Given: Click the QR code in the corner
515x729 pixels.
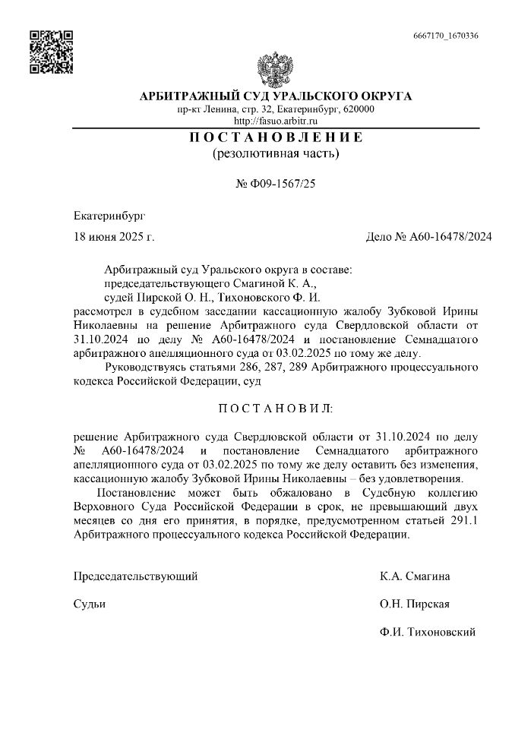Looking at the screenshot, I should click(x=51, y=52).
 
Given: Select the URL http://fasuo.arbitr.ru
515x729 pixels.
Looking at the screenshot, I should click(x=275, y=121).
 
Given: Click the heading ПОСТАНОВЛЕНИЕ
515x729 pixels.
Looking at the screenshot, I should click(x=275, y=137).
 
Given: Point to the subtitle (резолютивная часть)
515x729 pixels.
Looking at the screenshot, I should click(x=275, y=154).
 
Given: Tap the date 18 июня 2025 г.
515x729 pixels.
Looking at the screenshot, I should click(x=114, y=236).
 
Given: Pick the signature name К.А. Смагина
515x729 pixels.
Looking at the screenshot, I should click(x=415, y=576).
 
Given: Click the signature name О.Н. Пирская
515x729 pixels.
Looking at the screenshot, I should click(x=415, y=604).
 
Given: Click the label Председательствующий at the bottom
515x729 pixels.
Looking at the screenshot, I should click(x=135, y=576).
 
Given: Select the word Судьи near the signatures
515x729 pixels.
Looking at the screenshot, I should click(x=89, y=604).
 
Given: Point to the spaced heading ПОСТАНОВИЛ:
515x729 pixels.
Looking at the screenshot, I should click(x=275, y=409).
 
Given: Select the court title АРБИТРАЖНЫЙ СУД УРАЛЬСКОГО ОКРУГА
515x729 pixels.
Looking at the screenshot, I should click(x=275, y=96).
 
